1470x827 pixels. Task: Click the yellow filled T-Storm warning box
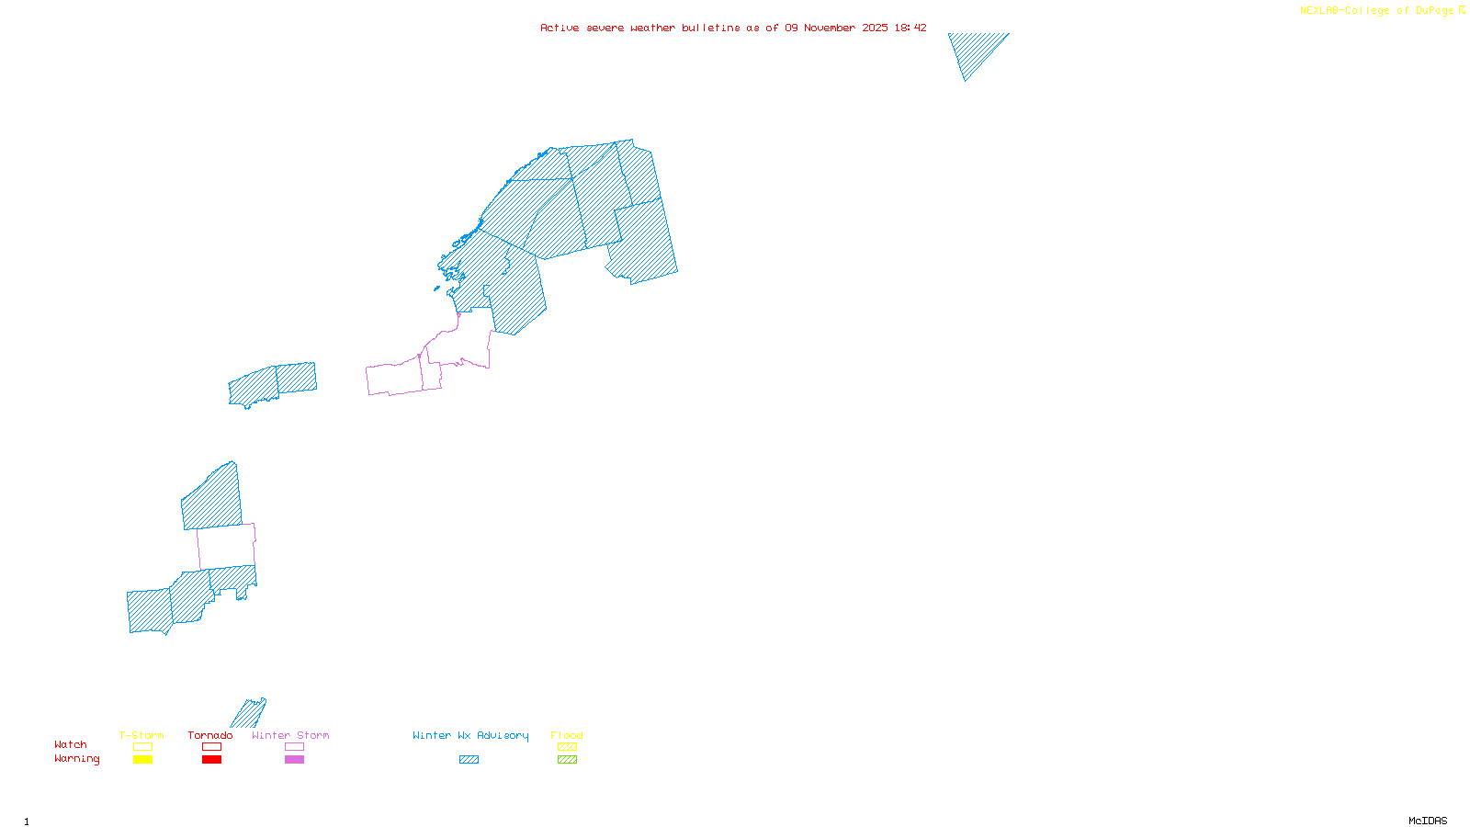pyautogui.click(x=142, y=760)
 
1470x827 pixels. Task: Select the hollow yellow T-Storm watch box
pyautogui.click(x=142, y=747)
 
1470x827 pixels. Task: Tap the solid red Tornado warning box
pyautogui.click(x=211, y=760)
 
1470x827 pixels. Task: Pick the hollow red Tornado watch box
pyautogui.click(x=211, y=747)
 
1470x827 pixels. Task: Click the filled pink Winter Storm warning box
pyautogui.click(x=294, y=760)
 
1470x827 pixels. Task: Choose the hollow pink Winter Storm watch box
pyautogui.click(x=294, y=747)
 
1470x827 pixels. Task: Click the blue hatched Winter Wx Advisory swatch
pyautogui.click(x=469, y=760)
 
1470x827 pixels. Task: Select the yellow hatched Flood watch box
pyautogui.click(x=567, y=747)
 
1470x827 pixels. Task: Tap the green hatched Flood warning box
pyautogui.click(x=567, y=760)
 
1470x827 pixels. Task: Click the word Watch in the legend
pyautogui.click(x=71, y=745)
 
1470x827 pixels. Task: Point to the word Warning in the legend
pyautogui.click(x=76, y=759)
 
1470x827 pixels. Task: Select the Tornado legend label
pyautogui.click(x=210, y=735)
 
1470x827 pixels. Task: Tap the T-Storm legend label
pyautogui.click(x=141, y=735)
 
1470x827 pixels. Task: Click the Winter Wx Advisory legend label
pyautogui.click(x=470, y=735)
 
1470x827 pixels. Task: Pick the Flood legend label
pyautogui.click(x=567, y=735)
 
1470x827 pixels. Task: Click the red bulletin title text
pyautogui.click(x=733, y=28)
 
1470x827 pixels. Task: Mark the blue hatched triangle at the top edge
pyautogui.click(x=973, y=49)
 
